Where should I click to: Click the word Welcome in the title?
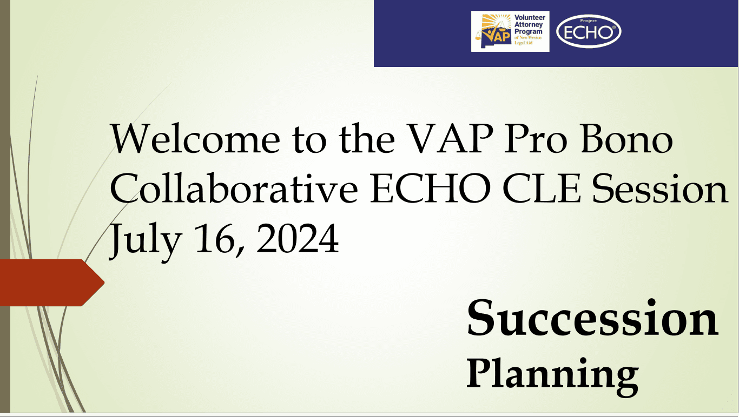(195, 139)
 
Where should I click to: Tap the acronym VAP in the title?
(450, 139)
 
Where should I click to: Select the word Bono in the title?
(626, 139)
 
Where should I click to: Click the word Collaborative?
(234, 188)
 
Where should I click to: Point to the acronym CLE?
(542, 188)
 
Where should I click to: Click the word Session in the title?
(660, 188)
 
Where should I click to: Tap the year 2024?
(298, 238)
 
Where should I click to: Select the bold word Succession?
(592, 317)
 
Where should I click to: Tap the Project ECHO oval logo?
(589, 32)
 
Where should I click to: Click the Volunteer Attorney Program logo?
(510, 31)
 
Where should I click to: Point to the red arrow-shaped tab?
(52, 283)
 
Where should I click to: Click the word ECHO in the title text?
(430, 188)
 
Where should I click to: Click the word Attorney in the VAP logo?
(529, 25)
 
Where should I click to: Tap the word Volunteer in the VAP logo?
(530, 17)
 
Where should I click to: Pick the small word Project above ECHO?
(589, 21)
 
